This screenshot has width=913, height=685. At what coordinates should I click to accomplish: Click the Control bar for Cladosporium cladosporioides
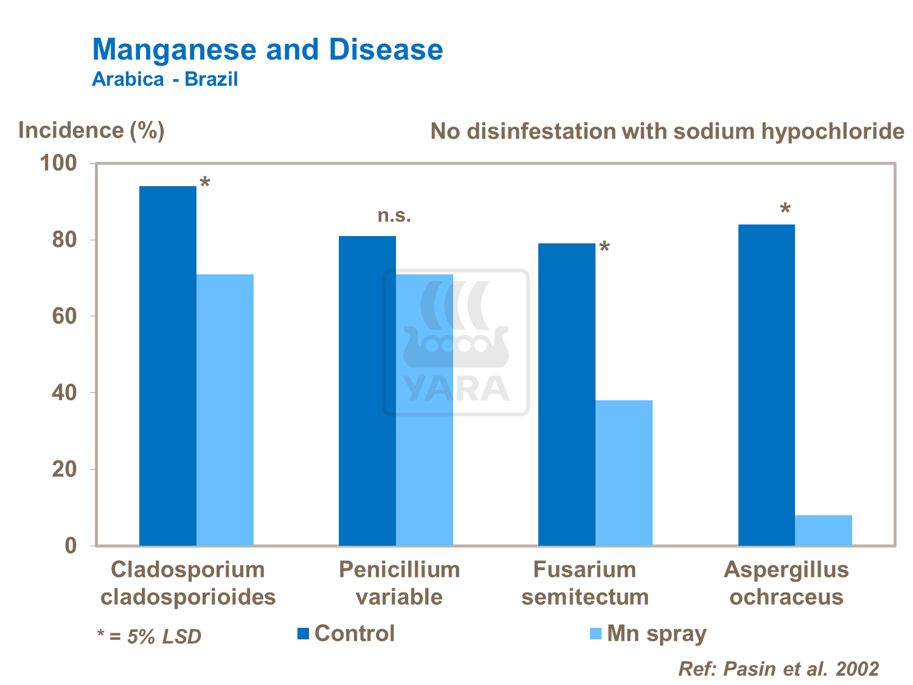[168, 365]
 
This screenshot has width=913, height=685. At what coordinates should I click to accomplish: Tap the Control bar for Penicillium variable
[367, 390]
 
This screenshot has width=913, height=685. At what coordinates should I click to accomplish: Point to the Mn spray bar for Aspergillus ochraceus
[824, 530]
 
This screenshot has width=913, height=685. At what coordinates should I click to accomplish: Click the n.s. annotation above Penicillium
[394, 215]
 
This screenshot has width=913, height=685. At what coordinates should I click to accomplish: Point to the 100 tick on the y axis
[58, 163]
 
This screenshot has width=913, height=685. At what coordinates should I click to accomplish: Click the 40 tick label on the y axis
[64, 393]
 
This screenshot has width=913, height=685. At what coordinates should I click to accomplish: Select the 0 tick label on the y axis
[71, 546]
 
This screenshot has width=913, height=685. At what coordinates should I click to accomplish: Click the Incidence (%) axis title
[91, 130]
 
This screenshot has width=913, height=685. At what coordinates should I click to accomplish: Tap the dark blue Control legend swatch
[303, 634]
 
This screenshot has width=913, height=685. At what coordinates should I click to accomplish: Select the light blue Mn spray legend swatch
[595, 634]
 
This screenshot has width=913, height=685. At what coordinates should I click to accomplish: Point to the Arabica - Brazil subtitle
[164, 79]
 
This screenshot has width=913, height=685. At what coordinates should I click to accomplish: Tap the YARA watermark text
[456, 389]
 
